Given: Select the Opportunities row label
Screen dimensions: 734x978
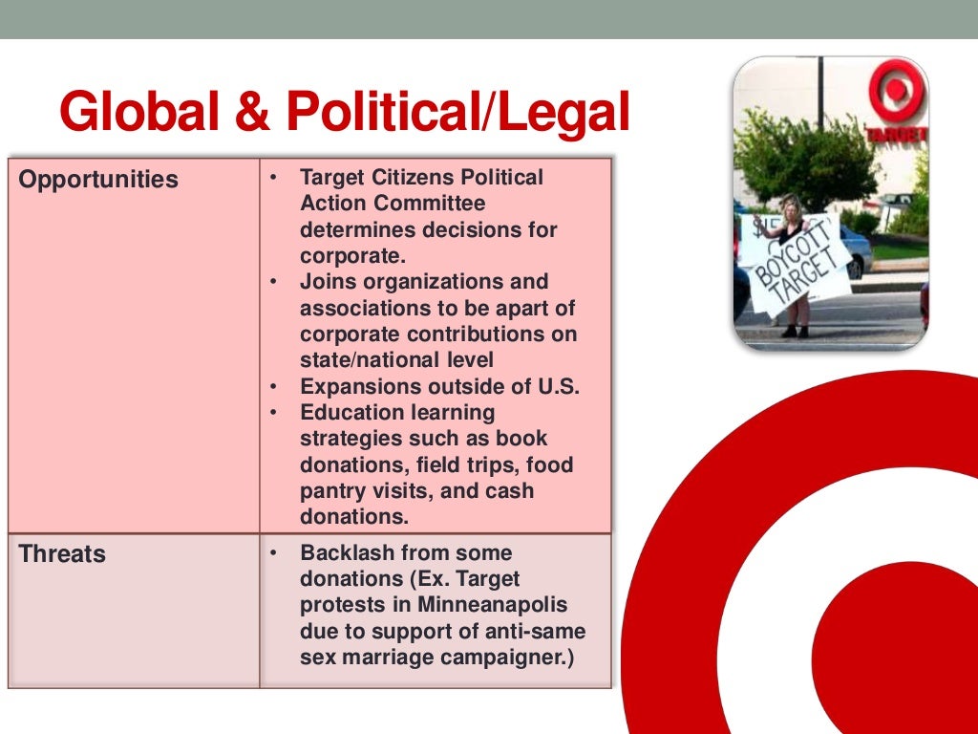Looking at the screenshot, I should coord(98,180).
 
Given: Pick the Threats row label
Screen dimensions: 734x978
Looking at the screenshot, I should coord(62,554).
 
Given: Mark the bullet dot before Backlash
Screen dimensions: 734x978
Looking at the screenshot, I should coord(273,553).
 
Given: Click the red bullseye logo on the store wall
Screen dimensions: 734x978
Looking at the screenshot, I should coord(894,92).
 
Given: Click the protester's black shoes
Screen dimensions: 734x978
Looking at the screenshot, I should coord(795,332).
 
